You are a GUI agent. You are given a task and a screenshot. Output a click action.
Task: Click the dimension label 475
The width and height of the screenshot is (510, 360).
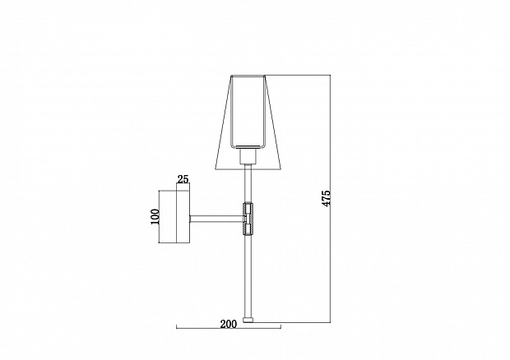tap(326, 198)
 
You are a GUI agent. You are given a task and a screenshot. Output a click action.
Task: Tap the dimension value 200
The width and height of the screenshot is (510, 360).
tap(229, 324)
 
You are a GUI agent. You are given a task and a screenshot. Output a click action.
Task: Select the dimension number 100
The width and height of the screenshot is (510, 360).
tap(155, 217)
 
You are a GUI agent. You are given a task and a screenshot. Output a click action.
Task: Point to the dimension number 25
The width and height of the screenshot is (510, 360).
tap(183, 179)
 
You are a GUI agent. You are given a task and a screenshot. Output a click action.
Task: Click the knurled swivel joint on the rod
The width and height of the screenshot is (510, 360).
tap(248, 219)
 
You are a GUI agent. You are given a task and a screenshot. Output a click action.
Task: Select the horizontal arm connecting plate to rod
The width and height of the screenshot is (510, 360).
tap(216, 219)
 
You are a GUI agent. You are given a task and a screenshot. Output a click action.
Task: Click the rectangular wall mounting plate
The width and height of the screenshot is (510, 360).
tap(183, 217)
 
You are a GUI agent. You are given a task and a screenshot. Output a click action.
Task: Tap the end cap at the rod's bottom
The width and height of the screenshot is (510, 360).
tap(248, 320)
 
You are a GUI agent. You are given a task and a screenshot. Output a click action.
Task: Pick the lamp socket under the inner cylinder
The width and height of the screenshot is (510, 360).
tap(248, 156)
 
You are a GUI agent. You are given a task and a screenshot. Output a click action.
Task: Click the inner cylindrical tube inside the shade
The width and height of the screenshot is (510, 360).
tap(248, 112)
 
